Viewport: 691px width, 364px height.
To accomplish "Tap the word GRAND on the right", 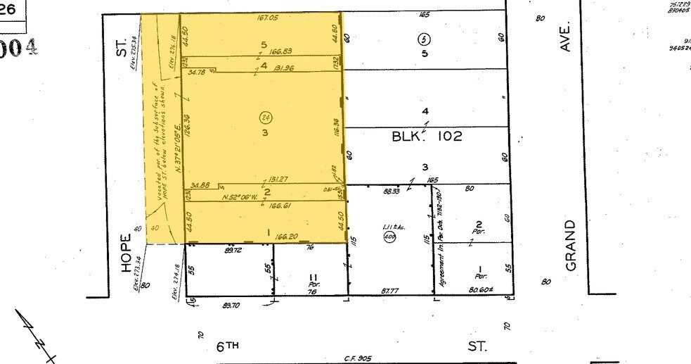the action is click(570, 244).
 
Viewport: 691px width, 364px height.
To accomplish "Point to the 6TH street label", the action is click(227, 346).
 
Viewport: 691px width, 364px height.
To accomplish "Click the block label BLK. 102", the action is click(427, 137).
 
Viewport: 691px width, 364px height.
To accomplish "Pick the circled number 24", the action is click(266, 118).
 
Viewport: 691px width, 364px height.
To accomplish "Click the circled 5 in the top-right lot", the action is click(423, 38).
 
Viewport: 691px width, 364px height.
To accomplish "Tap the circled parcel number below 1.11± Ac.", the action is click(388, 237).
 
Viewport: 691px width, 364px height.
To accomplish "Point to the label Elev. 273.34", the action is click(138, 272).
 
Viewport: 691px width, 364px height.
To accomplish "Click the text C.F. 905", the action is click(359, 358).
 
